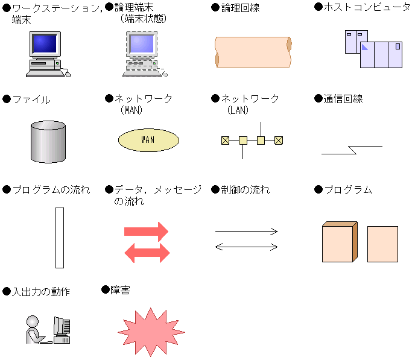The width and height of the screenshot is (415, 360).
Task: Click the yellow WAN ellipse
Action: (x=148, y=139)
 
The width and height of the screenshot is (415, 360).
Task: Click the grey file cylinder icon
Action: (x=48, y=142)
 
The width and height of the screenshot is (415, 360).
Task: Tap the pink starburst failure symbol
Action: (x=151, y=331)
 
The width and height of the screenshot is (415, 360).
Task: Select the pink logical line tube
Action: (x=253, y=52)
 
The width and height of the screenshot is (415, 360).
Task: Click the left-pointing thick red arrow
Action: (x=146, y=252)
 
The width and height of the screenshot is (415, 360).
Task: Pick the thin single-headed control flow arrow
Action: (x=246, y=231)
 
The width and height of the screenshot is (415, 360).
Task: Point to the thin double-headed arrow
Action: (x=246, y=246)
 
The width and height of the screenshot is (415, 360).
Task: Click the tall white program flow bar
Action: (x=59, y=237)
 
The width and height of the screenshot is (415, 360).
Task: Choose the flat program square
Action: (x=382, y=244)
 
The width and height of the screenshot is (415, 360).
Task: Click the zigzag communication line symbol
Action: (x=351, y=150)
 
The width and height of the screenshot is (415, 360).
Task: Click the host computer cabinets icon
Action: (x=373, y=49)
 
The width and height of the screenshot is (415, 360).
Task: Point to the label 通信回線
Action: (x=343, y=99)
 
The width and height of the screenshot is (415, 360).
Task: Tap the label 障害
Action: (x=120, y=290)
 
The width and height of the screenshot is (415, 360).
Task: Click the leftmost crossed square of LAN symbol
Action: (x=225, y=141)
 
